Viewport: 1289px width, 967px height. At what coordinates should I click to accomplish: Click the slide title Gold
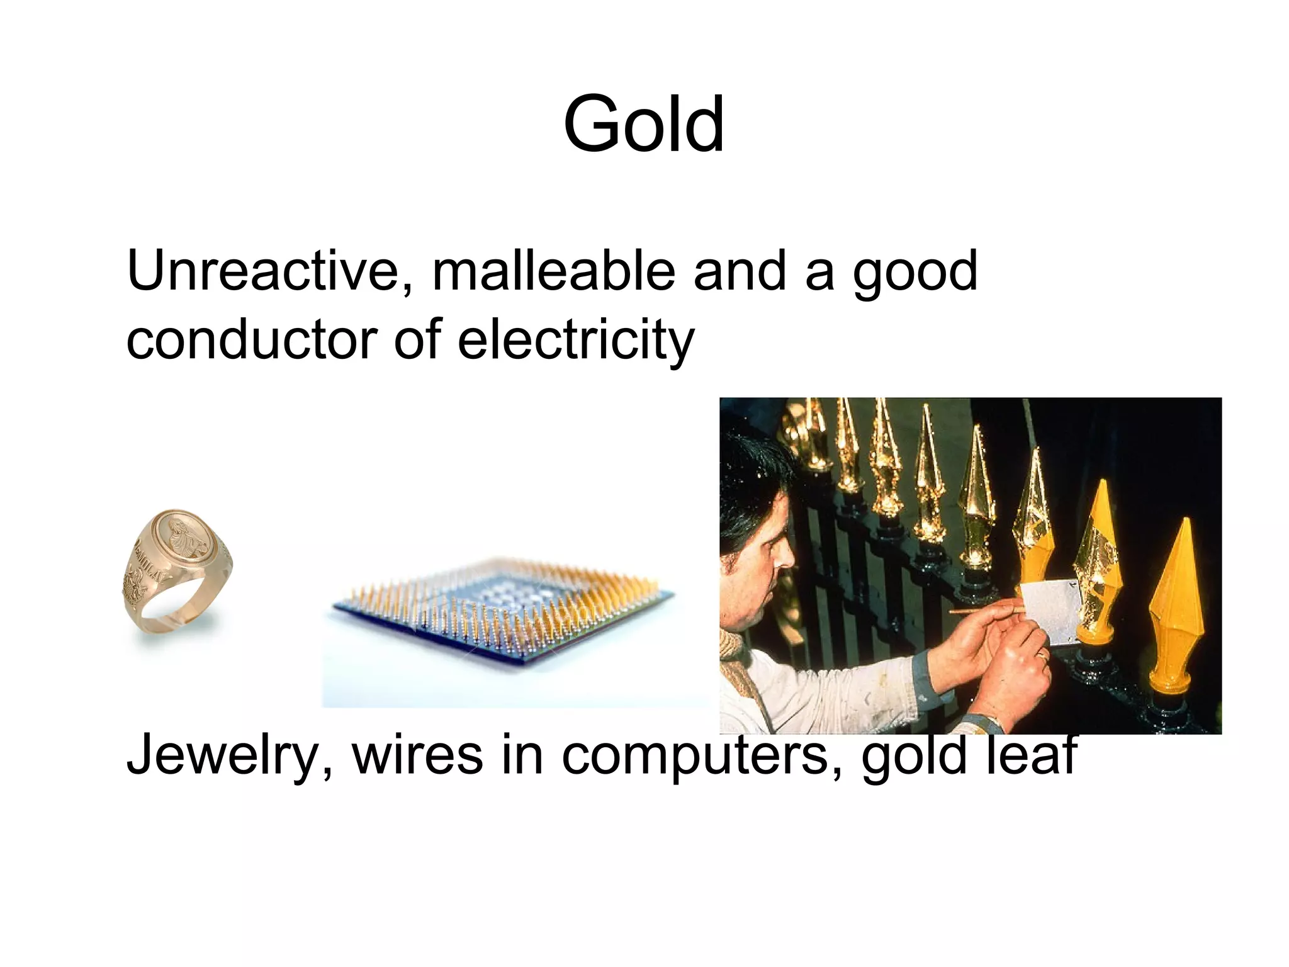coord(643,124)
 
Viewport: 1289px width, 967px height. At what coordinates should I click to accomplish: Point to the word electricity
coord(576,340)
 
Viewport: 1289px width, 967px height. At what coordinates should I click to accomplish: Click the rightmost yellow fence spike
coord(1176,604)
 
